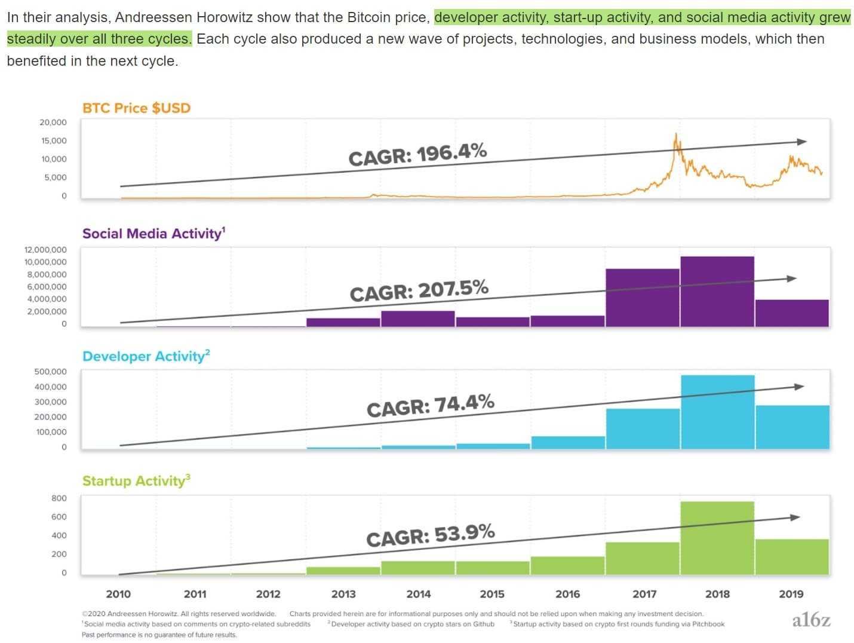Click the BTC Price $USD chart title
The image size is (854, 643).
click(x=136, y=108)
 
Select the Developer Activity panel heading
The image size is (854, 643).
click(x=146, y=356)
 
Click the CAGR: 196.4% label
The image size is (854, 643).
click(x=417, y=155)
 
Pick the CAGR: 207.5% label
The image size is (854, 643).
click(x=419, y=291)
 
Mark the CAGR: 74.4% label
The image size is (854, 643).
click(x=430, y=406)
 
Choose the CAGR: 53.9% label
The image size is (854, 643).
click(x=430, y=535)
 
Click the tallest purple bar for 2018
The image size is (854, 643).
click(x=717, y=291)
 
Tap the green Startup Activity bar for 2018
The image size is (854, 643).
click(x=717, y=538)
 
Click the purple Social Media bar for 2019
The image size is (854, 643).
click(x=791, y=313)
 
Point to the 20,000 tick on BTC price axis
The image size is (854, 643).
click(x=53, y=123)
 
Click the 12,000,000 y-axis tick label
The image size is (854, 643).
click(x=45, y=250)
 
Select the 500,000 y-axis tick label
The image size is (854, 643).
click(x=50, y=372)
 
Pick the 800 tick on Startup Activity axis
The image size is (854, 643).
click(x=59, y=498)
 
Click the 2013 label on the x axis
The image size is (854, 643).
click(x=343, y=594)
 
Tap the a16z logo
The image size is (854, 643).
click(x=811, y=620)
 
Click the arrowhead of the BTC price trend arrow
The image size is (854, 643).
click(x=801, y=142)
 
